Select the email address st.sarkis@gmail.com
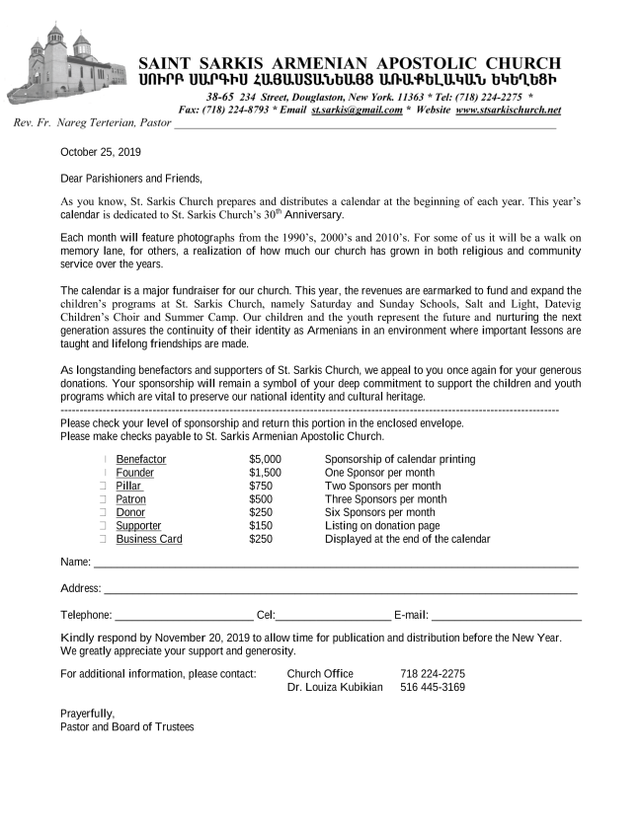click(x=357, y=111)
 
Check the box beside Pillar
click(x=103, y=487)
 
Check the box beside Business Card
click(x=103, y=540)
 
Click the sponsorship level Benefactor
click(x=141, y=460)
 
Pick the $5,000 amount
click(x=266, y=460)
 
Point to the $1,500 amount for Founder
click(x=266, y=473)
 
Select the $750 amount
click(x=261, y=487)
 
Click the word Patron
click(x=130, y=499)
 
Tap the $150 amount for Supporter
click(x=261, y=526)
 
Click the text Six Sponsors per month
click(x=380, y=513)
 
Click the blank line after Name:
click(x=336, y=566)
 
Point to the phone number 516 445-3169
click(x=433, y=687)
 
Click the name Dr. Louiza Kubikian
click(x=335, y=687)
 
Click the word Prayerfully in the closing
click(x=87, y=714)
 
